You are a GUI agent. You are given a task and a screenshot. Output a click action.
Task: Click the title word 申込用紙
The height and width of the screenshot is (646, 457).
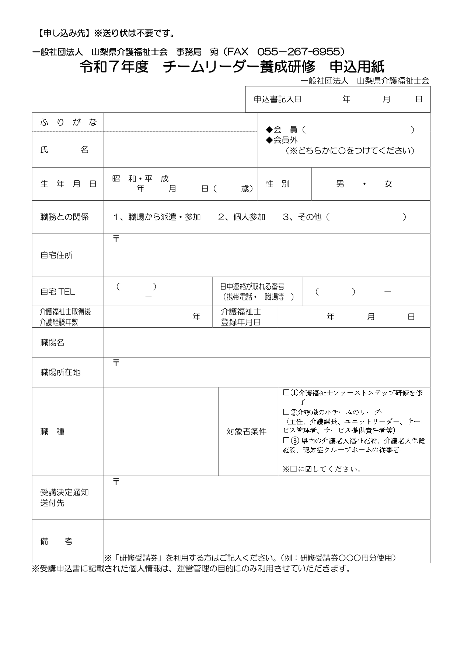[x=357, y=67]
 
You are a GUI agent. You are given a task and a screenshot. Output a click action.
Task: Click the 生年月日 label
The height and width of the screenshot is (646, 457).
[x=68, y=184]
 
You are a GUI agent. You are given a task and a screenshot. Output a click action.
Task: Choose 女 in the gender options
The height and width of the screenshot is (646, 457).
[x=388, y=184]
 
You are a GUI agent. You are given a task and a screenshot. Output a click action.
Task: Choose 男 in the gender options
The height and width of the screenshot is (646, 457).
[x=340, y=184]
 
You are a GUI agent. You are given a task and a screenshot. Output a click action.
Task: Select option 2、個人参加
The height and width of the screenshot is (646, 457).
[x=241, y=217]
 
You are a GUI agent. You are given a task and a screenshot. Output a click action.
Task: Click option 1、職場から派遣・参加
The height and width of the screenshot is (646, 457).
[x=157, y=217]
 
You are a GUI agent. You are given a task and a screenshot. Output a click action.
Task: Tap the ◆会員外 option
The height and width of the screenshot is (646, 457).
[x=282, y=140]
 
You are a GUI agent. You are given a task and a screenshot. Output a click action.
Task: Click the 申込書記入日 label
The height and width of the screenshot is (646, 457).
[x=277, y=99]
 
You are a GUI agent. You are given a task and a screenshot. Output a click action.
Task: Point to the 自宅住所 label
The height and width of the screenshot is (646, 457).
[x=56, y=255]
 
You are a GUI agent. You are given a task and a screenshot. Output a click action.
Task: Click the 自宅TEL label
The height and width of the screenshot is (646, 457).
[x=57, y=292]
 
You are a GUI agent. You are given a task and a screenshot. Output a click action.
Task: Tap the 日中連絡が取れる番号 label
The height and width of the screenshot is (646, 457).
[x=252, y=287]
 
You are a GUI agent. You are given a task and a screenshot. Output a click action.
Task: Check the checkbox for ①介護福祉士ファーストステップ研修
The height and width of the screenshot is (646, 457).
[x=286, y=393]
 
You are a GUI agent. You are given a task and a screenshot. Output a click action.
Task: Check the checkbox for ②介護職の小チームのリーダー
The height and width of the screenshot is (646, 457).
[x=286, y=412]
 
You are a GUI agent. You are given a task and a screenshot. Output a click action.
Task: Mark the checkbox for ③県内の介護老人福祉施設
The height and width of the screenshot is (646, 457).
[x=286, y=440]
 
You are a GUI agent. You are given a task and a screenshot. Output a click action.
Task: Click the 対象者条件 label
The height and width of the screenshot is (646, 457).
[x=246, y=432]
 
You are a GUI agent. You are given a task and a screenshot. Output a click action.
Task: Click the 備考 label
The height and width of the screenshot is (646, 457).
[x=56, y=541]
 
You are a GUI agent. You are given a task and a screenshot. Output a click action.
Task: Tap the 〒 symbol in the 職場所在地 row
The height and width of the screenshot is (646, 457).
[x=116, y=363]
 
